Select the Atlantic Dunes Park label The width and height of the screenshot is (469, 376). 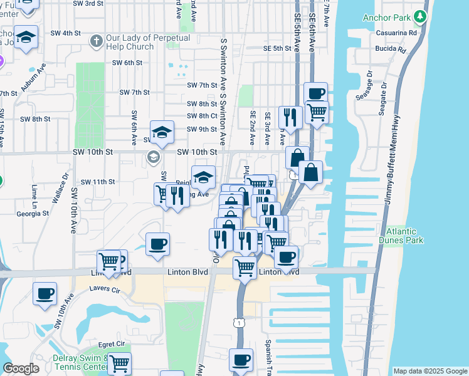[x=404, y=236]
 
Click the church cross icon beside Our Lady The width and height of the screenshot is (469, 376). [x=95, y=42]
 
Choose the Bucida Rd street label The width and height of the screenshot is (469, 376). [x=391, y=48]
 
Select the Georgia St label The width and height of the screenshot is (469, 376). [x=33, y=213]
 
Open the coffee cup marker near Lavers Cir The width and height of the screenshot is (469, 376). [x=45, y=294]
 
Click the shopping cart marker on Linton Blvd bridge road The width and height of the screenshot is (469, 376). [x=244, y=268]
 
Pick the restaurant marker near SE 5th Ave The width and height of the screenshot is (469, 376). [x=290, y=116]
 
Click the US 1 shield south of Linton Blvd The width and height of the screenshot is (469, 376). [x=239, y=322]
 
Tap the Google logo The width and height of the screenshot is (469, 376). [x=21, y=368]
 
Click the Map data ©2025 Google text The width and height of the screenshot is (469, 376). [x=429, y=371]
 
